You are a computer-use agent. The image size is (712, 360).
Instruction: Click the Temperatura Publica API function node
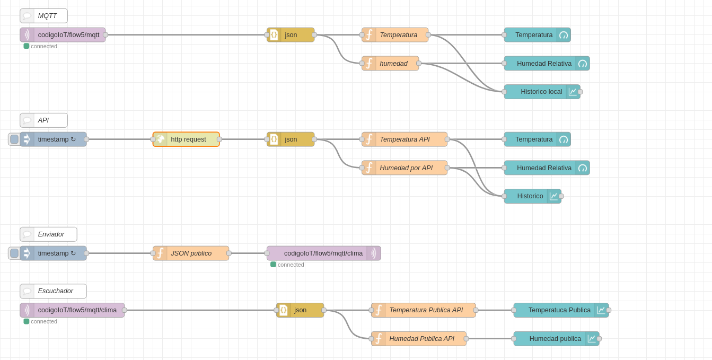tap(424, 310)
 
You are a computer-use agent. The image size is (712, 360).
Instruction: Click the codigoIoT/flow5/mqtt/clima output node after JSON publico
tap(323, 253)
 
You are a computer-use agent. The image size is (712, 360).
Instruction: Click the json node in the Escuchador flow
tap(300, 310)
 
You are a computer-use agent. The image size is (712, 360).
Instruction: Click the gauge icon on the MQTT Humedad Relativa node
tap(583, 64)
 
